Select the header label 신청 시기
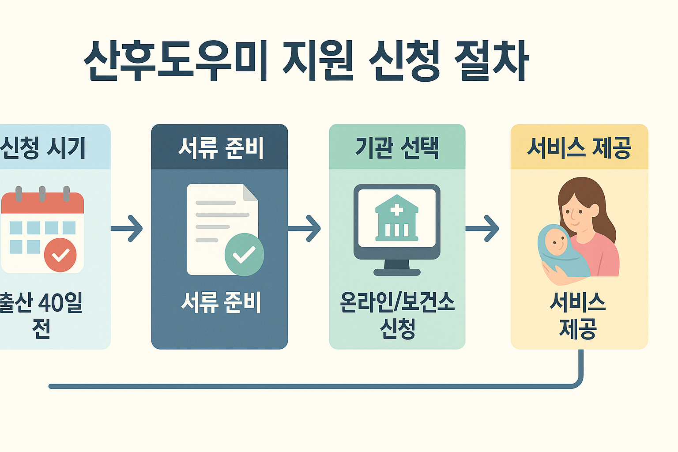43,148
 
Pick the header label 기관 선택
397,148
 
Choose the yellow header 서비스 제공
579,148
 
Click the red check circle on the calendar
60,255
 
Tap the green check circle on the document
244,255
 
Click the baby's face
556,241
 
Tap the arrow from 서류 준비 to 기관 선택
305,228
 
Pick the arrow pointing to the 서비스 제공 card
483,228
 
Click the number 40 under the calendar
51,302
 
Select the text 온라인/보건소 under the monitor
397,302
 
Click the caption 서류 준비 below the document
221,302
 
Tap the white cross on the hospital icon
396,210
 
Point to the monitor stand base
397,272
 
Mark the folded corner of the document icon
250,193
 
